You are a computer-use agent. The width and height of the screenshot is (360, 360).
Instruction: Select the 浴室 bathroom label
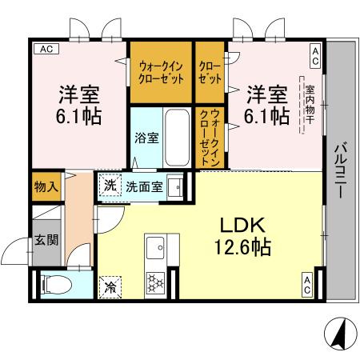tap(146, 137)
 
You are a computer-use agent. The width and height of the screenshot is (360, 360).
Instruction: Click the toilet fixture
tap(54, 283)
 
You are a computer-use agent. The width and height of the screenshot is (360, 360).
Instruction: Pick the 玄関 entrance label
tap(45, 239)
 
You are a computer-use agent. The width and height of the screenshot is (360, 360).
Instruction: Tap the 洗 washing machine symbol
tap(109, 186)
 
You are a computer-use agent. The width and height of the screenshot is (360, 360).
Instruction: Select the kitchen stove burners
tap(154, 281)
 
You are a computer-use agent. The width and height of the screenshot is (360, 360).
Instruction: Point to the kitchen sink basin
tap(154, 244)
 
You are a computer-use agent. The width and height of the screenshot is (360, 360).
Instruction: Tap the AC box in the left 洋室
tap(46, 49)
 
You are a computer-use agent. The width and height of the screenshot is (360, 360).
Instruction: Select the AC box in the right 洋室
tap(315, 55)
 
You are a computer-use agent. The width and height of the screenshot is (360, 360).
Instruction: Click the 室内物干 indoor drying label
tap(304, 103)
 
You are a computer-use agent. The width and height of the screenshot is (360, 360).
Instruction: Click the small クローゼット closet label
tap(210, 73)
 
